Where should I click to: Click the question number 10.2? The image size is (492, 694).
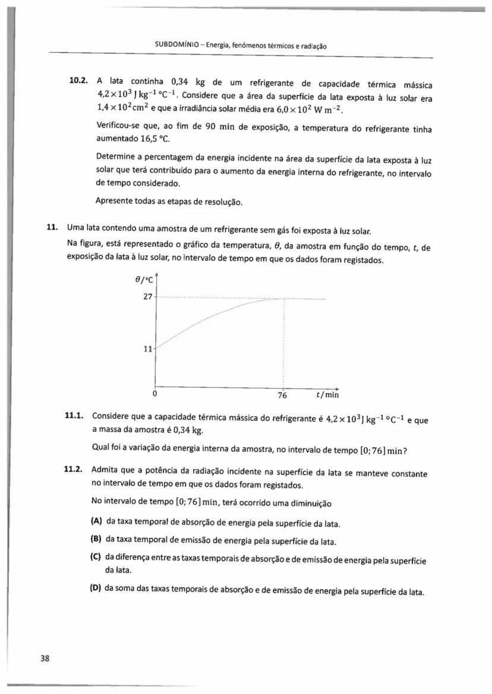click(79, 80)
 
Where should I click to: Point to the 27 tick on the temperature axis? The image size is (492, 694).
click(148, 297)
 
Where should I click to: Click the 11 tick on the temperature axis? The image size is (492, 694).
click(148, 349)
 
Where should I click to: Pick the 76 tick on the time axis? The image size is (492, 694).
click(282, 395)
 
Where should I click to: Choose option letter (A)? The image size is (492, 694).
click(97, 522)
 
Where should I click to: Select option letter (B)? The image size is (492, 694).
click(96, 540)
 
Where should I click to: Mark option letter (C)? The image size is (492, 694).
click(96, 558)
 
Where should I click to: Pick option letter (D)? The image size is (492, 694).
click(96, 591)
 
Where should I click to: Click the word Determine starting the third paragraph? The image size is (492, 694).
click(116, 157)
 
